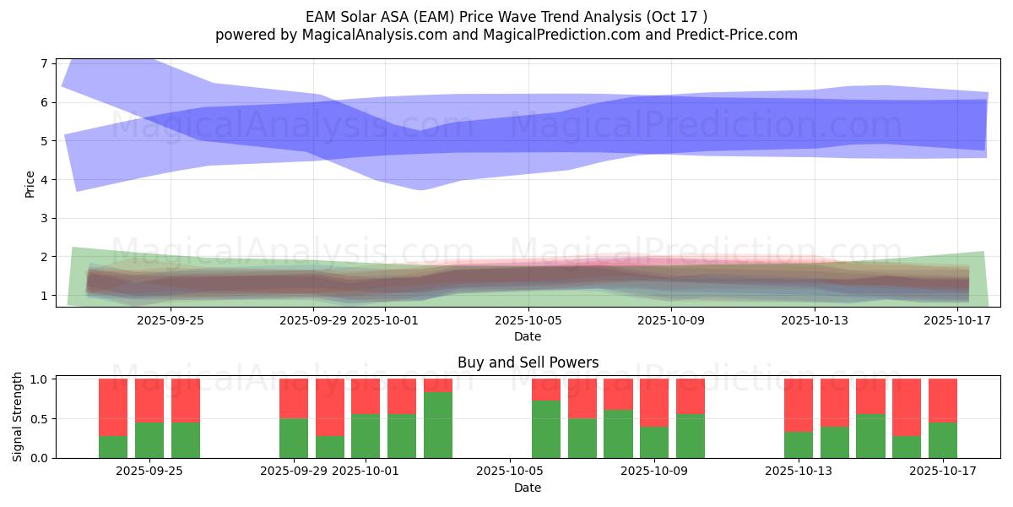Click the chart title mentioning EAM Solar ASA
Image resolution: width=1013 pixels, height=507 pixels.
pyautogui.click(x=506, y=16)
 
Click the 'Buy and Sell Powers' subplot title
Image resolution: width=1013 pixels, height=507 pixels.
pyautogui.click(x=528, y=363)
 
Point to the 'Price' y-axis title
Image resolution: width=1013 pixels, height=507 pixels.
pyautogui.click(x=30, y=183)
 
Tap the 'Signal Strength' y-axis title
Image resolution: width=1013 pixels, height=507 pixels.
pyautogui.click(x=18, y=417)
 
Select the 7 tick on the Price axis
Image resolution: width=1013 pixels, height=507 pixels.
pyautogui.click(x=44, y=63)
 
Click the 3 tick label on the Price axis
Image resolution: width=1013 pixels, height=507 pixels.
pyautogui.click(x=44, y=218)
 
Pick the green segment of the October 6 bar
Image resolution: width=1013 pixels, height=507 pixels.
pyautogui.click(x=546, y=429)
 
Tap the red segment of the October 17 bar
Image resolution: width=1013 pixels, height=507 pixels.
pyautogui.click(x=943, y=400)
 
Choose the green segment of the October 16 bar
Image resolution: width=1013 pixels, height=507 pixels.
pyautogui.click(x=907, y=447)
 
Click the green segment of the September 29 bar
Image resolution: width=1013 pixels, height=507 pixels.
pyautogui.click(x=294, y=438)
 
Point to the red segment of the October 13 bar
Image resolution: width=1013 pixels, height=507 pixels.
pyautogui.click(x=798, y=405)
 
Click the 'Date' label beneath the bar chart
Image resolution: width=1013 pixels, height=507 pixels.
pyautogui.click(x=528, y=488)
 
